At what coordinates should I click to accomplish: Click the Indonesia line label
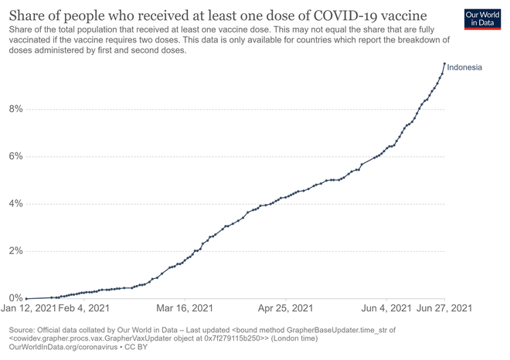464,67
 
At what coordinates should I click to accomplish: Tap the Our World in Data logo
482,19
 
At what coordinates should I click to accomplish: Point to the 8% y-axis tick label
16,109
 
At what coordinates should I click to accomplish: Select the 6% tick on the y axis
16,156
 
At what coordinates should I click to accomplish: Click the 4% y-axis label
16,204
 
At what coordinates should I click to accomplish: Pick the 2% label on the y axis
16,251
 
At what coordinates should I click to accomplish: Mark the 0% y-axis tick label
16,298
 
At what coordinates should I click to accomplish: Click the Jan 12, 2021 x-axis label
29,308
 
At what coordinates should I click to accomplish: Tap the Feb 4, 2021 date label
83,308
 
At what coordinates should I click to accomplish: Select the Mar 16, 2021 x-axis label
185,308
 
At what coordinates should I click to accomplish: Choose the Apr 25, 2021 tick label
286,308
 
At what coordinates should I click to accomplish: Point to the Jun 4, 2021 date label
386,308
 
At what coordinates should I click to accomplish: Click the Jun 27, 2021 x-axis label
444,308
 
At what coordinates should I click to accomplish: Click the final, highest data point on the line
444,63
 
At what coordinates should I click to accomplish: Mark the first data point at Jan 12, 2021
26,298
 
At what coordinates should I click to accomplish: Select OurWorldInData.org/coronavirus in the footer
63,347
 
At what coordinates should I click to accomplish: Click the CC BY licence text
136,347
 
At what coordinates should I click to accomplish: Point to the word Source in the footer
22,330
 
